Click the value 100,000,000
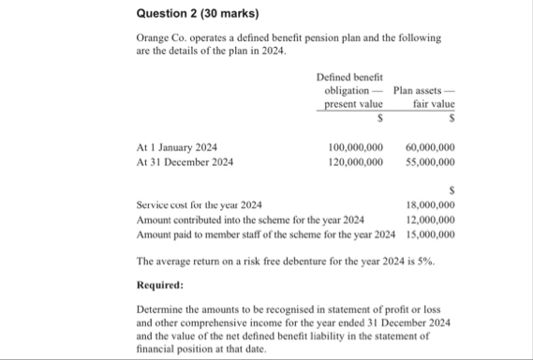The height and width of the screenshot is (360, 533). [356, 147]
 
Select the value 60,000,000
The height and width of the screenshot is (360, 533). [431, 147]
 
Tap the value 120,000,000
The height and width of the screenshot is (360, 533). [356, 161]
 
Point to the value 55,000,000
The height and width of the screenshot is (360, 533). [431, 161]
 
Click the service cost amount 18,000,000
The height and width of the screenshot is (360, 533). [431, 204]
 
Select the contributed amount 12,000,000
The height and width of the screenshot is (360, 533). [431, 218]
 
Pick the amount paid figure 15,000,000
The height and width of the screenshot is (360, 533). [431, 233]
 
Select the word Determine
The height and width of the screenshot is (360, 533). [161, 308]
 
